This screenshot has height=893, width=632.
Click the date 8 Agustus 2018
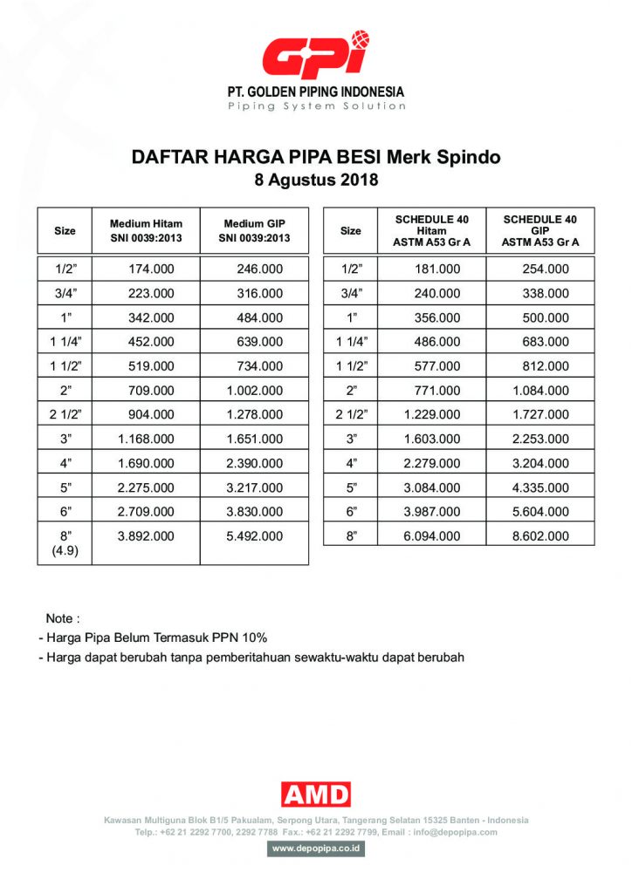(x=315, y=181)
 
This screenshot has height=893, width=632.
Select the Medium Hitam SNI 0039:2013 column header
(x=146, y=231)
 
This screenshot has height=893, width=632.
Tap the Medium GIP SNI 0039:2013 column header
(x=254, y=231)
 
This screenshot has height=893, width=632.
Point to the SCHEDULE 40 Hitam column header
(x=432, y=231)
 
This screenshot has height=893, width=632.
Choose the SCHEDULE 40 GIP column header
(x=540, y=231)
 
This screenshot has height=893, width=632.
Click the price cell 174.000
(x=151, y=269)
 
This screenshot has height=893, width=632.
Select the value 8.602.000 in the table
(x=540, y=536)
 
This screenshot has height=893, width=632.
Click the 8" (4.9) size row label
(x=65, y=542)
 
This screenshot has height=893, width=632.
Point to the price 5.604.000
(x=540, y=512)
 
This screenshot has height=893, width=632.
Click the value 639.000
(x=260, y=342)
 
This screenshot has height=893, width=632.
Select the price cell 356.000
(x=437, y=318)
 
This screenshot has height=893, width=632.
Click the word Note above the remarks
(x=62, y=618)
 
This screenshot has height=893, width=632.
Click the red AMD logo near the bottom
(x=316, y=794)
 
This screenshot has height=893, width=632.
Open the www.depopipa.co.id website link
(x=316, y=849)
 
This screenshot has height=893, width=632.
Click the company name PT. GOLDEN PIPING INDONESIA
(x=316, y=92)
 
